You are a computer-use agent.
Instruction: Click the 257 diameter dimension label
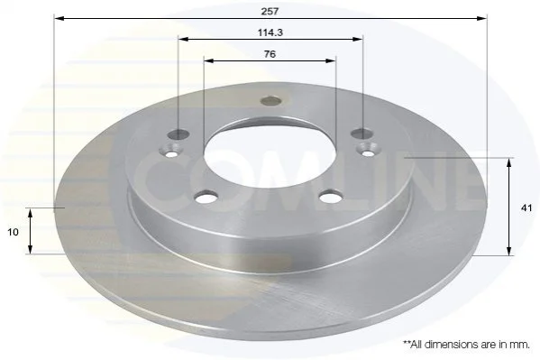coord(270,12)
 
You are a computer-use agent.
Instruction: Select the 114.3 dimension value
coord(270,32)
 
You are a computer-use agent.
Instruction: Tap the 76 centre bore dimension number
coord(270,54)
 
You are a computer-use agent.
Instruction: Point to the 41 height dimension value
coord(526,208)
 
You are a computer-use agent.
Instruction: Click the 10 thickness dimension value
coord(13,233)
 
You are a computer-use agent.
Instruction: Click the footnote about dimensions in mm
coord(467,345)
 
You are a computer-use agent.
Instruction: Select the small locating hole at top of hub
coord(271,101)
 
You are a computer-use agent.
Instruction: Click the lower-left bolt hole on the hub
coord(206,198)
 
